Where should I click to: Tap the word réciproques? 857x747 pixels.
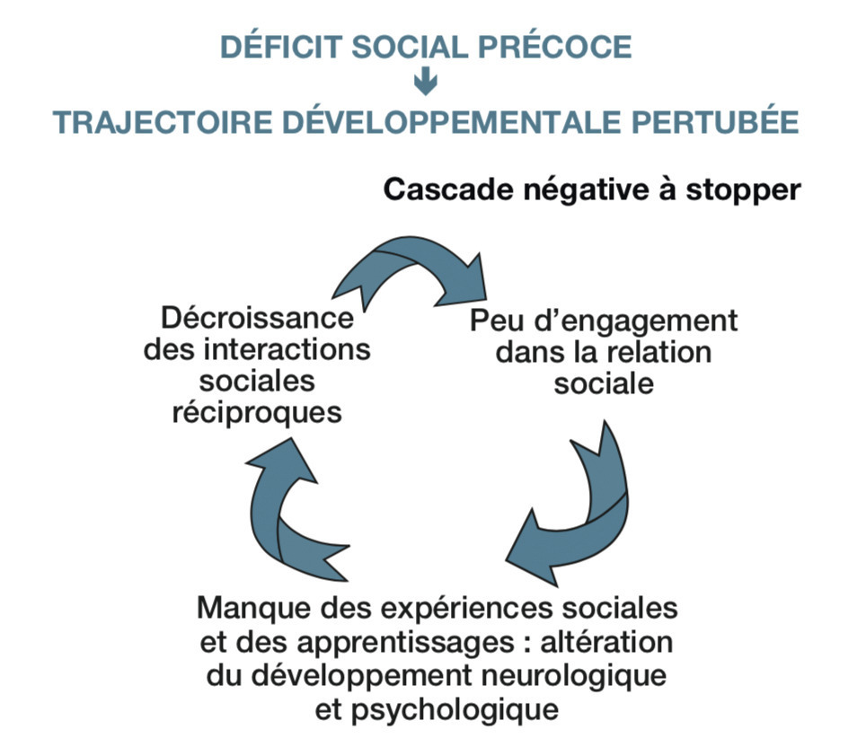pos(257,413)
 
